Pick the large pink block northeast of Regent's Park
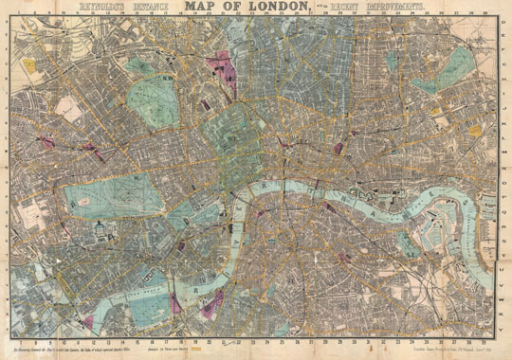[224, 66]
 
